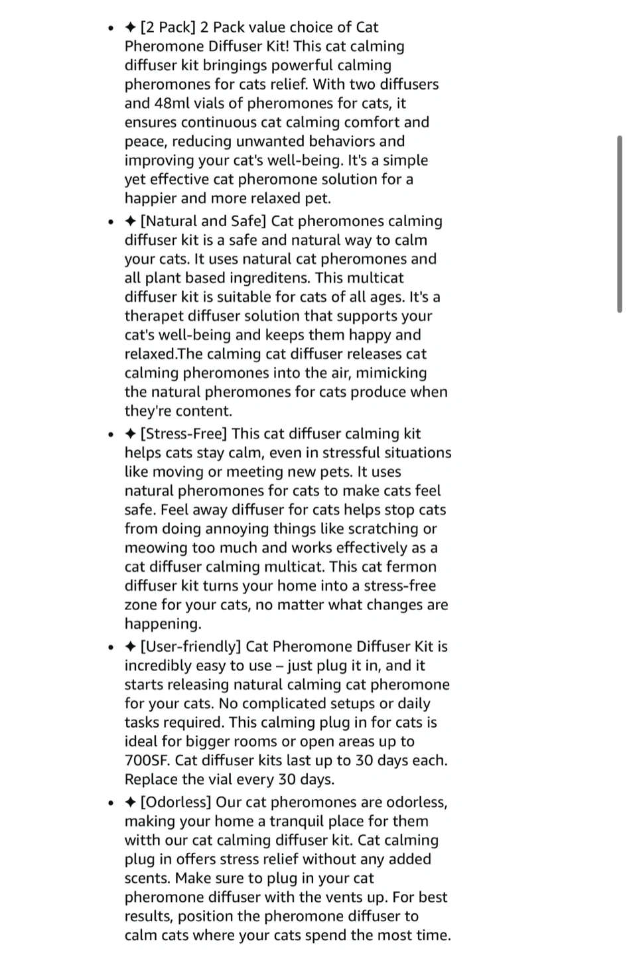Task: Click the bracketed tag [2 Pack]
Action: click(x=167, y=28)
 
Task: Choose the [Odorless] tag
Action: click(x=176, y=802)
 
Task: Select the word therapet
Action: click(x=153, y=316)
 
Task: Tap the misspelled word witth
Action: click(x=141, y=840)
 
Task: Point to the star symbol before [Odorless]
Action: click(x=131, y=802)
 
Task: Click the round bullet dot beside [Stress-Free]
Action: click(x=110, y=435)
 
